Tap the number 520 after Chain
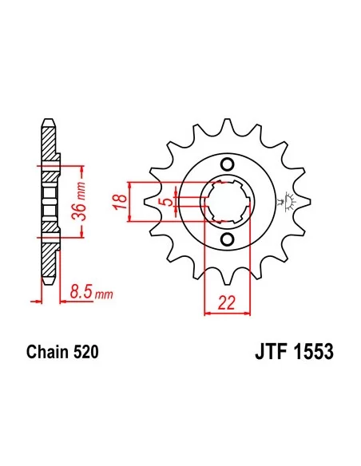coord(85,351)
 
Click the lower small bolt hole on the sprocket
coord(227,240)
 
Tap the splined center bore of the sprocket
coord(227,203)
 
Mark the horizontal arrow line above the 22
coord(226,313)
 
